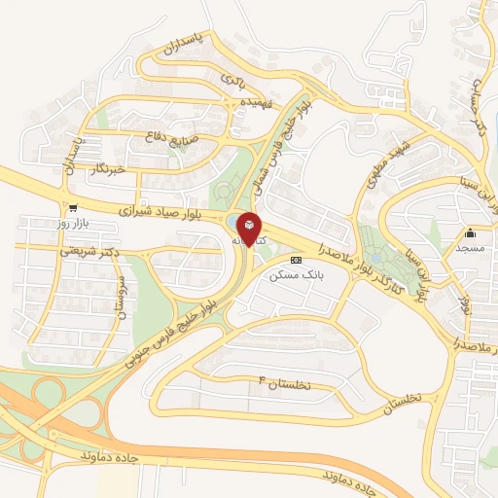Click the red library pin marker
(249, 228)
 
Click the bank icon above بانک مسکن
(296, 261)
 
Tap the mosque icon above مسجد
(471, 232)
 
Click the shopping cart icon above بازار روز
(72, 208)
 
